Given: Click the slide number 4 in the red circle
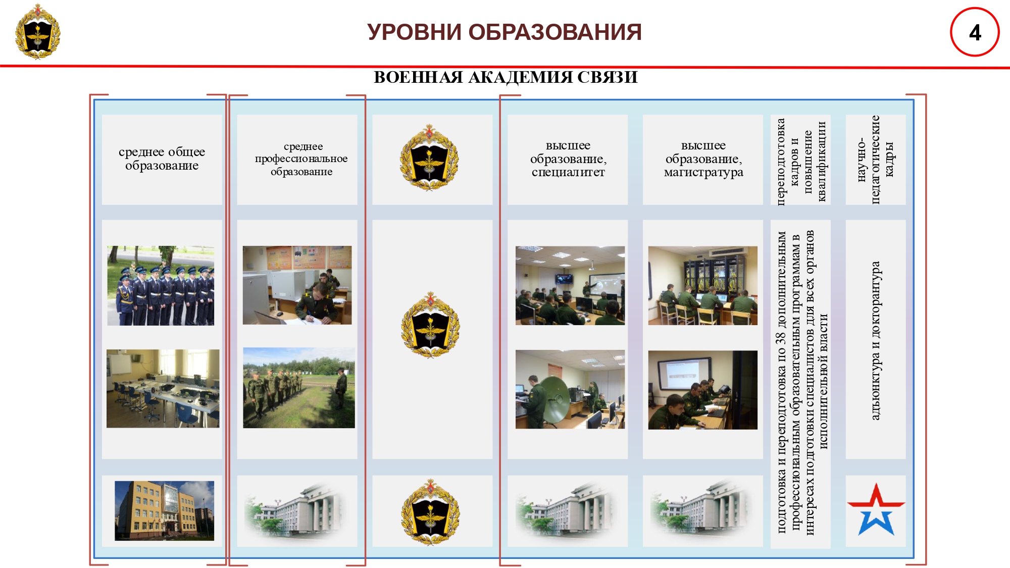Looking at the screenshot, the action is pyautogui.click(x=975, y=33).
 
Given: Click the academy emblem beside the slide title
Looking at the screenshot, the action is pyautogui.click(x=38, y=31).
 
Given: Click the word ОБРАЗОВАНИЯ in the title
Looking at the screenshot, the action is pyautogui.click(x=555, y=32).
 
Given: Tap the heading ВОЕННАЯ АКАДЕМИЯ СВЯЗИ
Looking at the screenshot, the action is pyautogui.click(x=506, y=77).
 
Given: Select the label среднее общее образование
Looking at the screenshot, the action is pyautogui.click(x=162, y=159).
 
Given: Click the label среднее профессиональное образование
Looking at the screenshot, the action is pyautogui.click(x=301, y=159).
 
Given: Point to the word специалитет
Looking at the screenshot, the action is pyautogui.click(x=568, y=172).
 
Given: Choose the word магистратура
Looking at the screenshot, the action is pyautogui.click(x=703, y=173).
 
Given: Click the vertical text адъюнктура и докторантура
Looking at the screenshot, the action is pyautogui.click(x=876, y=340).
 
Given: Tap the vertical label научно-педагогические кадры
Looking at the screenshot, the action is pyautogui.click(x=876, y=160).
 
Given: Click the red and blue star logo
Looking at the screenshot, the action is pyautogui.click(x=876, y=509).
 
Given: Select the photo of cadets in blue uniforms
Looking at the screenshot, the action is pyautogui.click(x=161, y=286).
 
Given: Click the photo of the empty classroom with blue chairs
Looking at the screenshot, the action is pyautogui.click(x=163, y=389).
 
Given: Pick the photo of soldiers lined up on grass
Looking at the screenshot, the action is pyautogui.click(x=299, y=388).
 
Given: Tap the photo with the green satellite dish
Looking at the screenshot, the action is pyautogui.click(x=570, y=389).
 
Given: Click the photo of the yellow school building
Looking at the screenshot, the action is pyautogui.click(x=164, y=510).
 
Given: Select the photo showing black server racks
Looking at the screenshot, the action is pyautogui.click(x=703, y=286).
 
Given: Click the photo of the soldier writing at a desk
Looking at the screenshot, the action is pyautogui.click(x=297, y=285).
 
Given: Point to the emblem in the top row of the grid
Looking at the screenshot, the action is pyautogui.click(x=429, y=158).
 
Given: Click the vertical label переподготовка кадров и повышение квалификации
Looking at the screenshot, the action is pyautogui.click(x=801, y=160).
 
